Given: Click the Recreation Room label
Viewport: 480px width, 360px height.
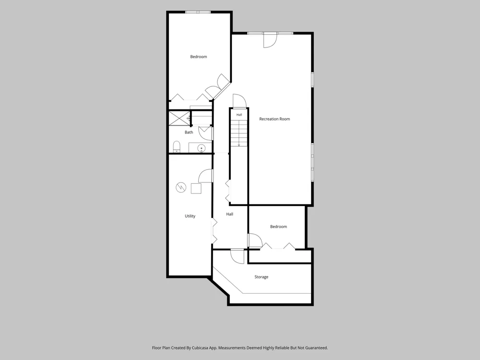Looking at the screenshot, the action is point(274,119).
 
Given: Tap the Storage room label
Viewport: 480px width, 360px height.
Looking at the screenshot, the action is point(262,277).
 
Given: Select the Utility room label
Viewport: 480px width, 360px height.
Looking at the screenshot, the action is point(190,216).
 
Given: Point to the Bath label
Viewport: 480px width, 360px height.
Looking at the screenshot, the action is point(189,132).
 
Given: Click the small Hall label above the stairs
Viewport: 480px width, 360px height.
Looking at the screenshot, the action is point(239,115).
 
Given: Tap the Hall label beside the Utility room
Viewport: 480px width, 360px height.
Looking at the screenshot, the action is point(229,214).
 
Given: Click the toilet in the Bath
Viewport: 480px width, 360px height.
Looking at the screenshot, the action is point(177,146).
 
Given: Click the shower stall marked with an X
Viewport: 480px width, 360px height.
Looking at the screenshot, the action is point(180,118).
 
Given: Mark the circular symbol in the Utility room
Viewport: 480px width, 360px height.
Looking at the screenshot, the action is point(181,187).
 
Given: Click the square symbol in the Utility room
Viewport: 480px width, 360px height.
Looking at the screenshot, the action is point(196,189).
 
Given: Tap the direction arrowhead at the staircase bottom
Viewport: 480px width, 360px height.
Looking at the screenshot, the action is point(239,145).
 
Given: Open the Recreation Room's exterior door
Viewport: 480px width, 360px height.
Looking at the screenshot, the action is point(270,40).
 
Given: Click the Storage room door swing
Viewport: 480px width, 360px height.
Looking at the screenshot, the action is point(237,256).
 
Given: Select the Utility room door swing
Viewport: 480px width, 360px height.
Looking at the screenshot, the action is point(205,176).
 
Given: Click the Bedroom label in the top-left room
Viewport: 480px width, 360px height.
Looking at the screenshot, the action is point(198,57).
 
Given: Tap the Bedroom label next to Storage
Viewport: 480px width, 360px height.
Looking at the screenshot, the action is point(278,227).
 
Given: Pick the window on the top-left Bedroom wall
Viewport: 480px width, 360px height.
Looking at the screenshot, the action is point(198,12).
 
